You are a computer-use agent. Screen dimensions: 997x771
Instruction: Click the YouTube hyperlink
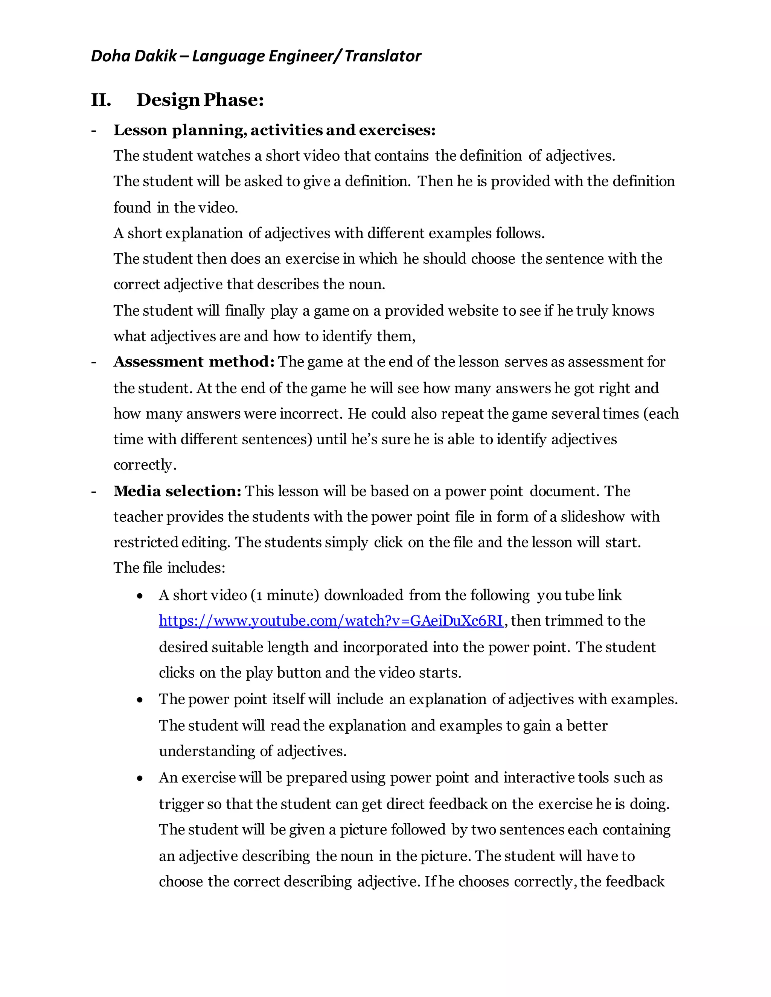[x=331, y=621]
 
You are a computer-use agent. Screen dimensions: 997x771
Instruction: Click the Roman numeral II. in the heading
[x=101, y=100]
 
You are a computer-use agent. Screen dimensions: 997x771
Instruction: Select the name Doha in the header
[x=107, y=56]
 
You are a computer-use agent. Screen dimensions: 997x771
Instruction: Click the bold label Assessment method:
[x=194, y=362]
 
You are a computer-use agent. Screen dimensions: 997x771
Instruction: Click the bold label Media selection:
[x=177, y=491]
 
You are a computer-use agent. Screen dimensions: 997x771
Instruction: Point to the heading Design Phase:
[x=200, y=100]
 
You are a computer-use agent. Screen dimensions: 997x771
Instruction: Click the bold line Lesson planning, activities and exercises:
[x=274, y=130]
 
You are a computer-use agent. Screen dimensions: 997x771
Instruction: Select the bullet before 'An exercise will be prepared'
[x=140, y=779]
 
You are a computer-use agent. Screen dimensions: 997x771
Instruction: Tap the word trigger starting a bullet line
[x=181, y=804]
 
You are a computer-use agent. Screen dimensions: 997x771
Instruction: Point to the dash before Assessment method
[x=94, y=362]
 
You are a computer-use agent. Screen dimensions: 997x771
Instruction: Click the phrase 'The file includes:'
[x=169, y=568]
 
